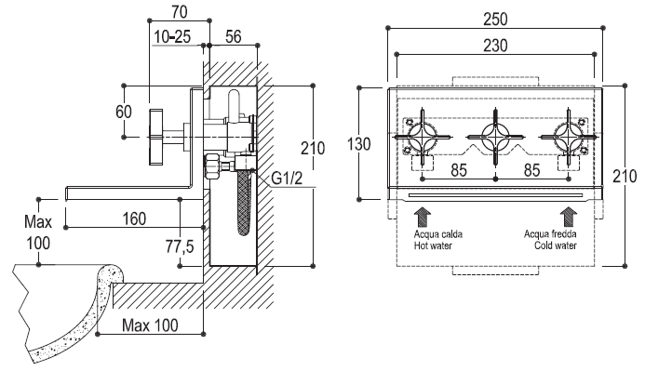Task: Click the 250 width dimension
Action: (x=495, y=20)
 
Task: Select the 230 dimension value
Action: (x=495, y=46)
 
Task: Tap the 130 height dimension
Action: (x=359, y=144)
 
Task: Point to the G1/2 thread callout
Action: (x=287, y=178)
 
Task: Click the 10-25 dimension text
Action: (x=172, y=37)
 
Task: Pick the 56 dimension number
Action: (x=234, y=36)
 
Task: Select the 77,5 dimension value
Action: (x=180, y=246)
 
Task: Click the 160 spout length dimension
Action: (x=135, y=219)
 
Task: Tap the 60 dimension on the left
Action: (x=124, y=112)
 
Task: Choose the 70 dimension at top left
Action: (x=180, y=12)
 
